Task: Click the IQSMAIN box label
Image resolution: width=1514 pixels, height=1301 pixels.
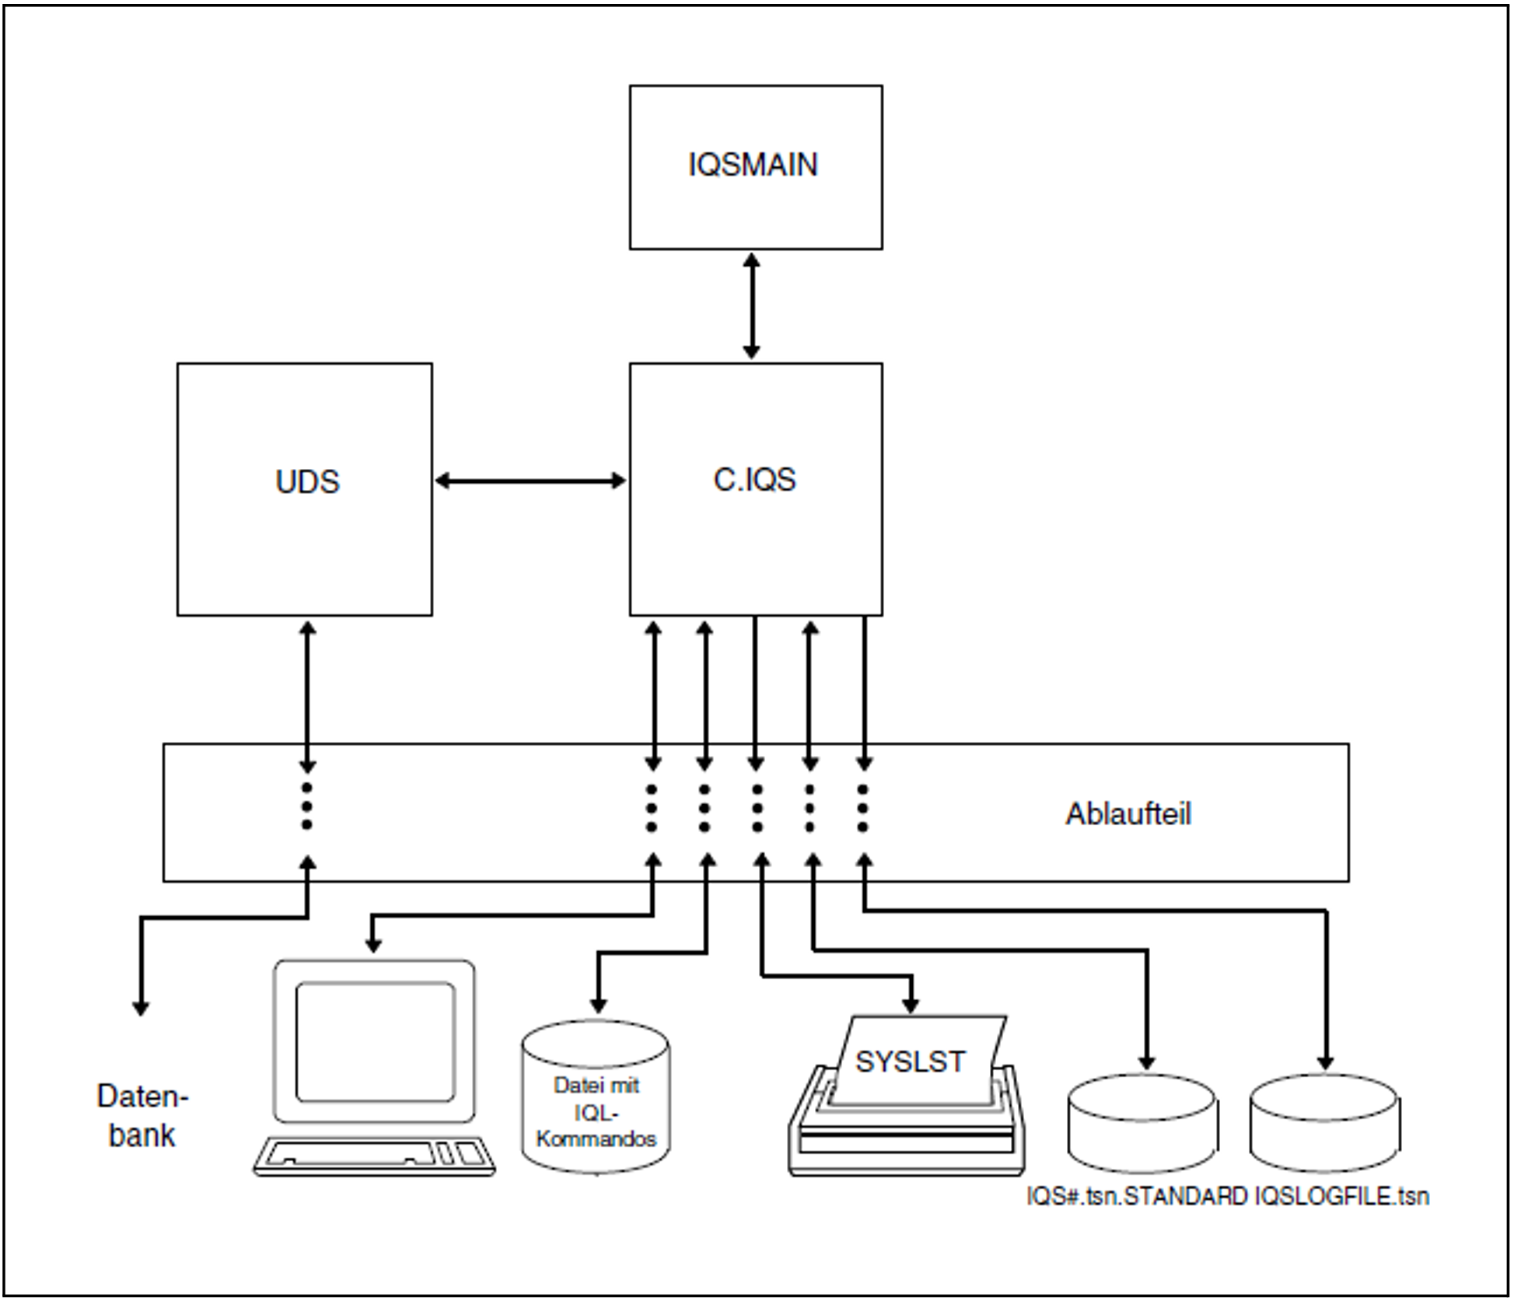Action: (753, 165)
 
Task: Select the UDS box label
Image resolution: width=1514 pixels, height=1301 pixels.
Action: (307, 482)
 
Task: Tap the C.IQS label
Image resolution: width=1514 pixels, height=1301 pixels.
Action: (754, 480)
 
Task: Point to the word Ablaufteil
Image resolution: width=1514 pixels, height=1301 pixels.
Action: (1128, 814)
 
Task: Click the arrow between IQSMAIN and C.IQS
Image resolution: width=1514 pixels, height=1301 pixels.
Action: (751, 306)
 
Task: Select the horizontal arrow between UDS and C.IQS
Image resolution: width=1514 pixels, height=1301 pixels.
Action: (530, 481)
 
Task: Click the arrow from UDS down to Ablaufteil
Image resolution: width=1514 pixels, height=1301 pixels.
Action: (307, 696)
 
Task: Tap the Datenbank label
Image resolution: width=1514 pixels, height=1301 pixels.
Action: (142, 1115)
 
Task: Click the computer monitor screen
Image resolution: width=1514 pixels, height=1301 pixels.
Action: (375, 1041)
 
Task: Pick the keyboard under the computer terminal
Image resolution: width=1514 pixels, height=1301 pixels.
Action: (374, 1156)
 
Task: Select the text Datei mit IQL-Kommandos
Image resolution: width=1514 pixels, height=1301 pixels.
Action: (596, 1112)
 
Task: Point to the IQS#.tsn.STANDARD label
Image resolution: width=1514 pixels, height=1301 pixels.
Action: (1137, 1196)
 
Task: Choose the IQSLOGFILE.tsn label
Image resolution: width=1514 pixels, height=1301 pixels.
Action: (1341, 1196)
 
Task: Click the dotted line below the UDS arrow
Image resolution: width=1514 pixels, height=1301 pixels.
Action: (307, 806)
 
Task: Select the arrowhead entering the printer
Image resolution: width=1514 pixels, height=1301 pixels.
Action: (911, 1005)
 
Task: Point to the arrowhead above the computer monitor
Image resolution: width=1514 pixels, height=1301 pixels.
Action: (373, 945)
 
